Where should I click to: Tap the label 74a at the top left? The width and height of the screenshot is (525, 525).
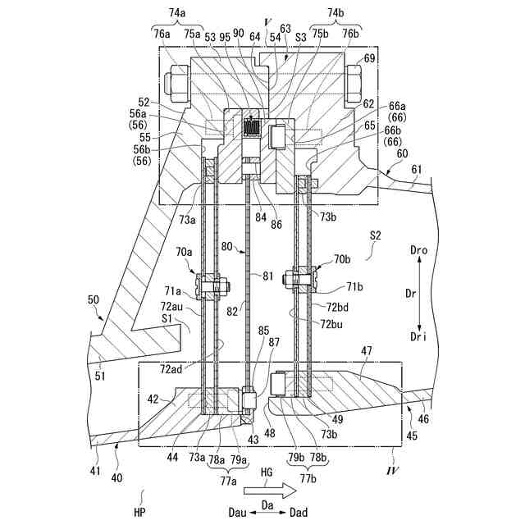point(176,13)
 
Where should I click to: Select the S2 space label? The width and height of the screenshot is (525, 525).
point(377,235)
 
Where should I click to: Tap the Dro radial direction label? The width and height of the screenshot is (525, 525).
point(418,247)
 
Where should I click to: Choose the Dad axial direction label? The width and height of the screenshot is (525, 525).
point(299,512)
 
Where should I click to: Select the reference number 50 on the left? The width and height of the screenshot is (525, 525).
point(94,300)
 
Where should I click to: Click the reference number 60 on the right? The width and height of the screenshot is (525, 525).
point(401,153)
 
